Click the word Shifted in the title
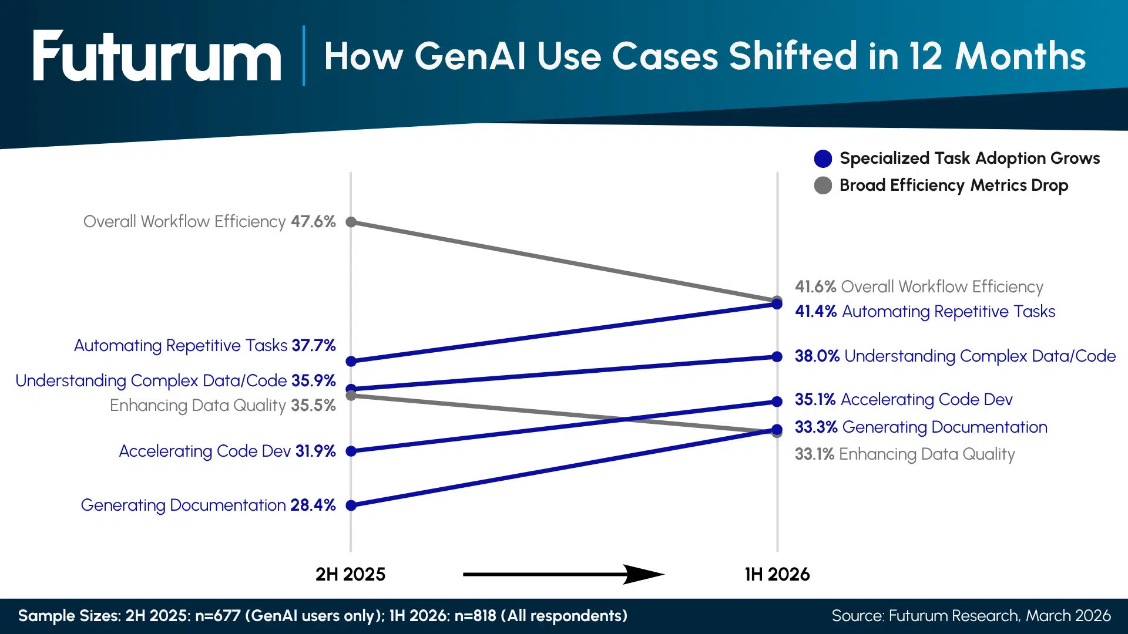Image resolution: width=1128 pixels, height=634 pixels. (793, 56)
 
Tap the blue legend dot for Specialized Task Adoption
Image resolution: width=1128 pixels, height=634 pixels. (822, 158)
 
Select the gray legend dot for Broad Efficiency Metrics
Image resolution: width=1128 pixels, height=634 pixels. (822, 186)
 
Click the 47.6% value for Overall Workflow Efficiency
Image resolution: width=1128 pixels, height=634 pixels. (313, 222)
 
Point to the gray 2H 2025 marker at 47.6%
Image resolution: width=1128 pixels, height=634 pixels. (351, 222)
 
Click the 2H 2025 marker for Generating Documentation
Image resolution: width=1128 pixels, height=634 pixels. (351, 505)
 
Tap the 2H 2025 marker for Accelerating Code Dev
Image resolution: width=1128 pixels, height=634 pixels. (351, 451)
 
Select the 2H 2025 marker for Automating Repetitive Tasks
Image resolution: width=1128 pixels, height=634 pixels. (351, 361)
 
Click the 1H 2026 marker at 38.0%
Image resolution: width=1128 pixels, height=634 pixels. (777, 357)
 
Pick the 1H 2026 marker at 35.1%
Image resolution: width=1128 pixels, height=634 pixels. (777, 402)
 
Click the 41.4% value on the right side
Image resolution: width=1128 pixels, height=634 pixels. (815, 312)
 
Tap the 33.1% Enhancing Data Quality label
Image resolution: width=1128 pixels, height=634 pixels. (905, 454)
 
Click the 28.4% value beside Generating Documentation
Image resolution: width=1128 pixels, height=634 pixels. (313, 505)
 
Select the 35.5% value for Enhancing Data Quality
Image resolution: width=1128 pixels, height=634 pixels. (313, 406)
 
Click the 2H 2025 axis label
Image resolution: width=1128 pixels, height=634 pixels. (350, 574)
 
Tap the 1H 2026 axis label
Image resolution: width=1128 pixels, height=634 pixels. (777, 574)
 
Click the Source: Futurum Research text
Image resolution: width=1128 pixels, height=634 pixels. (971, 616)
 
